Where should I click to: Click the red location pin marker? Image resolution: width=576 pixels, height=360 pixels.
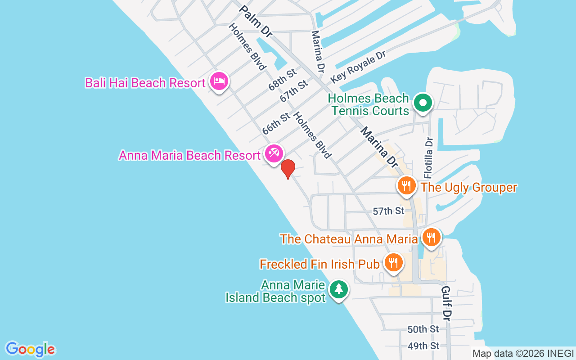[x=288, y=169]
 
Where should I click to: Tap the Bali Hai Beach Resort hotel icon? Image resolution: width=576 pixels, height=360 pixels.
[x=219, y=81]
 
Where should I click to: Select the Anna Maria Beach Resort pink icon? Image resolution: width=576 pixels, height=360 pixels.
[x=273, y=153]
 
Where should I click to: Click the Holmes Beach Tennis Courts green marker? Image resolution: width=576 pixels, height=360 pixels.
[x=423, y=103]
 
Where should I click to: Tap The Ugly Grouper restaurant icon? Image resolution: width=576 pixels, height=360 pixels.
[x=406, y=185]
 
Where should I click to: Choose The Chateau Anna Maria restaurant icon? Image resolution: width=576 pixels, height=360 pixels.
[x=431, y=237]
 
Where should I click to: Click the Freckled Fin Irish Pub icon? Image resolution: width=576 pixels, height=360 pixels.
[x=393, y=262]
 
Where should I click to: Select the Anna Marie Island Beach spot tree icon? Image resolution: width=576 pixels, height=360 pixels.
[x=338, y=289]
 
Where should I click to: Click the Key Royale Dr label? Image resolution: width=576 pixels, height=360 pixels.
[x=359, y=67]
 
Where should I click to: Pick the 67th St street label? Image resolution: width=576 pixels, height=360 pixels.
[x=294, y=90]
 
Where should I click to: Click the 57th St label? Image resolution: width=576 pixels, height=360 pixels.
[x=389, y=211]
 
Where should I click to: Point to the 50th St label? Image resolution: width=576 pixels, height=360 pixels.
[x=423, y=329]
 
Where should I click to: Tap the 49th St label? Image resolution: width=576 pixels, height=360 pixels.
[x=423, y=346]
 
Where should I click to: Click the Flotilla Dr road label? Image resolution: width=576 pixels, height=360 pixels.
[x=429, y=157]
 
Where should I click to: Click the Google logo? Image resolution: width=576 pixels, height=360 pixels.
[x=30, y=349]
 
